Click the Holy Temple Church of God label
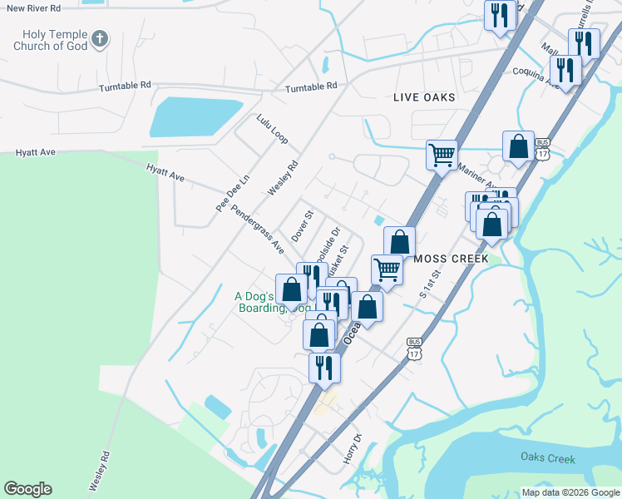click(x=49, y=40)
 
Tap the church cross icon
click(x=99, y=37)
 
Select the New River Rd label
click(x=32, y=7)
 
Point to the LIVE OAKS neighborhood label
click(x=424, y=97)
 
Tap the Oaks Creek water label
click(x=548, y=458)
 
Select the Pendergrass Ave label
click(x=258, y=230)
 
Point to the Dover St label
click(x=302, y=225)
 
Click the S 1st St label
click(x=429, y=284)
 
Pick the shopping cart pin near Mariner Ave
click(x=442, y=154)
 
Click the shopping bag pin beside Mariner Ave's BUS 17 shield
click(x=518, y=146)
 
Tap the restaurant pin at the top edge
click(x=500, y=16)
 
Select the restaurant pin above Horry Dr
click(x=323, y=367)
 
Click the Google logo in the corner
click(x=27, y=489)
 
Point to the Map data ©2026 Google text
click(x=571, y=492)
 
